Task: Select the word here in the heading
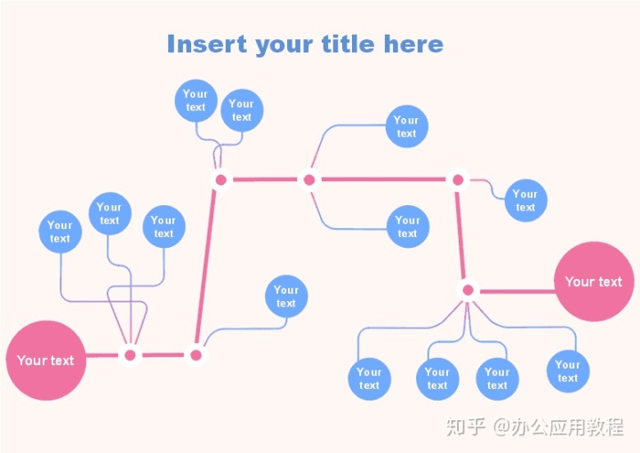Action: tap(413, 44)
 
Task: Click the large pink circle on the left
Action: tap(46, 361)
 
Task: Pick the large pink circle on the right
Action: tap(594, 282)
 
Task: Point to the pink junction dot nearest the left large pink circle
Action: tap(131, 355)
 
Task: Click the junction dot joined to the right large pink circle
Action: tap(468, 290)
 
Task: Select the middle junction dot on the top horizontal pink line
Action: tap(308, 180)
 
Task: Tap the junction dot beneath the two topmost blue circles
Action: tap(221, 180)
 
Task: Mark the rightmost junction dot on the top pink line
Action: tap(458, 180)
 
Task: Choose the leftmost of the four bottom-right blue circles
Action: tap(369, 378)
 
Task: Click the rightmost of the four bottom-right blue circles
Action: tap(568, 371)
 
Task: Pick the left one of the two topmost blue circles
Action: tap(196, 100)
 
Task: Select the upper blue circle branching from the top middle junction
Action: tap(406, 127)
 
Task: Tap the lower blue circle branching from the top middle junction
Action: tap(408, 227)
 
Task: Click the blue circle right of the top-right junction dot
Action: tap(525, 201)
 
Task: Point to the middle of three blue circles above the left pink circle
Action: tap(109, 214)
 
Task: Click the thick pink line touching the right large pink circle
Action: tap(516, 290)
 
